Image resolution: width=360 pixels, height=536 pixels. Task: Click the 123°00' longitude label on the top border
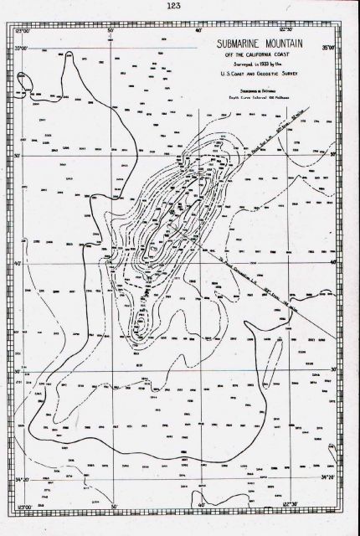point(23,30)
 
